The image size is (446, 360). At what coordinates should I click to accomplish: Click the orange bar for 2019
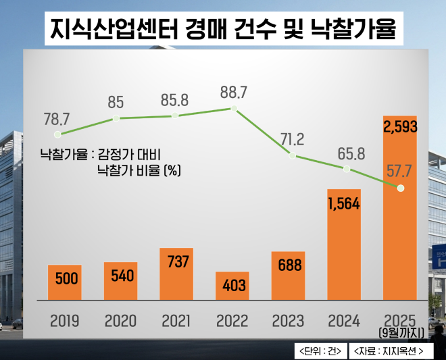[x=64, y=282]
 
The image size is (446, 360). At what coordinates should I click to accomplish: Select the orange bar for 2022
[x=232, y=286]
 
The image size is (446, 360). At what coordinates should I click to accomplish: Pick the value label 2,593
[x=400, y=127]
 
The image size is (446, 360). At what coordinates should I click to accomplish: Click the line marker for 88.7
[x=233, y=108]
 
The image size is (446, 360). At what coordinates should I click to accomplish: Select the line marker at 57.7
[x=401, y=188]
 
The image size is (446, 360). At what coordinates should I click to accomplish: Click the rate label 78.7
[x=57, y=120]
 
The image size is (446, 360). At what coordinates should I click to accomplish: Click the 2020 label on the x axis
[x=121, y=320]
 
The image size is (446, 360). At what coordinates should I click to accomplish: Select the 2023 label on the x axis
[x=289, y=320]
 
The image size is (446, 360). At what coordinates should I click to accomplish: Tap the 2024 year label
[x=345, y=320]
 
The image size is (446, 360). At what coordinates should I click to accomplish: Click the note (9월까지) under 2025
[x=401, y=332]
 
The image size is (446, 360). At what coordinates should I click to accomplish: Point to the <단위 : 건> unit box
[x=320, y=351]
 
